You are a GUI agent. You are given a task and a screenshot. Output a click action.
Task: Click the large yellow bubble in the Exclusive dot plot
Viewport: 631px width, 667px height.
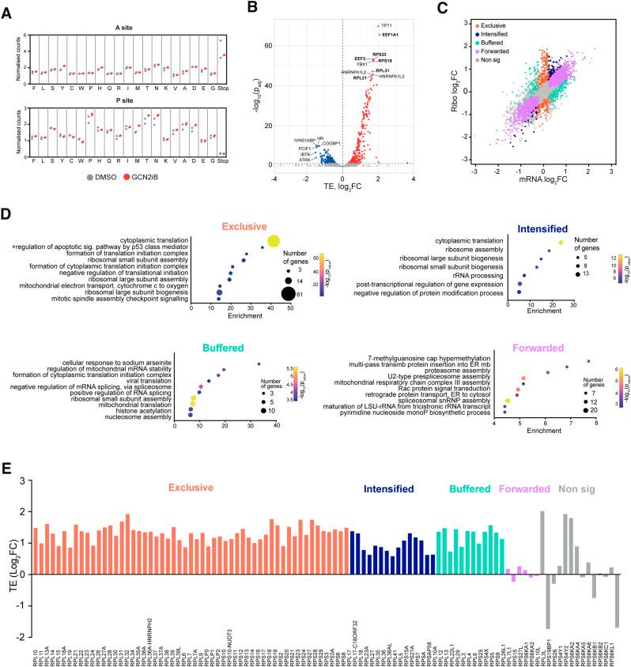coord(274,242)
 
